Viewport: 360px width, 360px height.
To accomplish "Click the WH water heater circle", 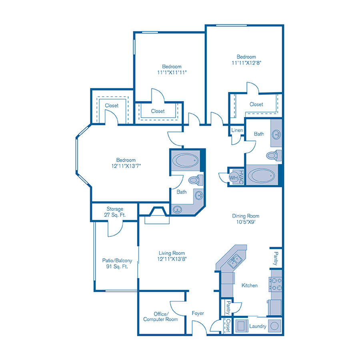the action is [234, 177].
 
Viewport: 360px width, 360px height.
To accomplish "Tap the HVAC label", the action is [241, 176].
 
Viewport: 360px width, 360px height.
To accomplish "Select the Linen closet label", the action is [237, 130].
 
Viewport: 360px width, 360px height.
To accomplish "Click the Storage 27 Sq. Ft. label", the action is [115, 212].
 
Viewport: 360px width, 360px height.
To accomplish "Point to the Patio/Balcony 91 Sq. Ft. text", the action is [117, 263].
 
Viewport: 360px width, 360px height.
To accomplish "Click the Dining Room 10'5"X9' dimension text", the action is [246, 222].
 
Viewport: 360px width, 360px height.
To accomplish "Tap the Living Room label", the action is [172, 253].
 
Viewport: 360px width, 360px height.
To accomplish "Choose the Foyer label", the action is [198, 313].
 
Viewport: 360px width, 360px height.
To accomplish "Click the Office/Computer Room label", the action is [160, 317].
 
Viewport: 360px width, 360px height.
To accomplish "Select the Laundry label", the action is [258, 326].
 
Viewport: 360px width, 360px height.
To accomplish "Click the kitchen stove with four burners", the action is [275, 284].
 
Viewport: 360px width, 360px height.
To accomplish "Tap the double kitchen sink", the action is [234, 262].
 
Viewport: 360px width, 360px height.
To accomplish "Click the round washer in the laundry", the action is [274, 326].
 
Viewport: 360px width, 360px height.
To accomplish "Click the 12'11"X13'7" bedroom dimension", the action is [126, 166].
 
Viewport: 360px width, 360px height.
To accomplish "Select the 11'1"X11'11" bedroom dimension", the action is [172, 72].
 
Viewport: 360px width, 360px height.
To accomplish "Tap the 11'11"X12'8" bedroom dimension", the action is [246, 63].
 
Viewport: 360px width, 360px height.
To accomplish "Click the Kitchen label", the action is [250, 285].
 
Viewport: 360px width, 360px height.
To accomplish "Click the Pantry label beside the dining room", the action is [276, 258].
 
